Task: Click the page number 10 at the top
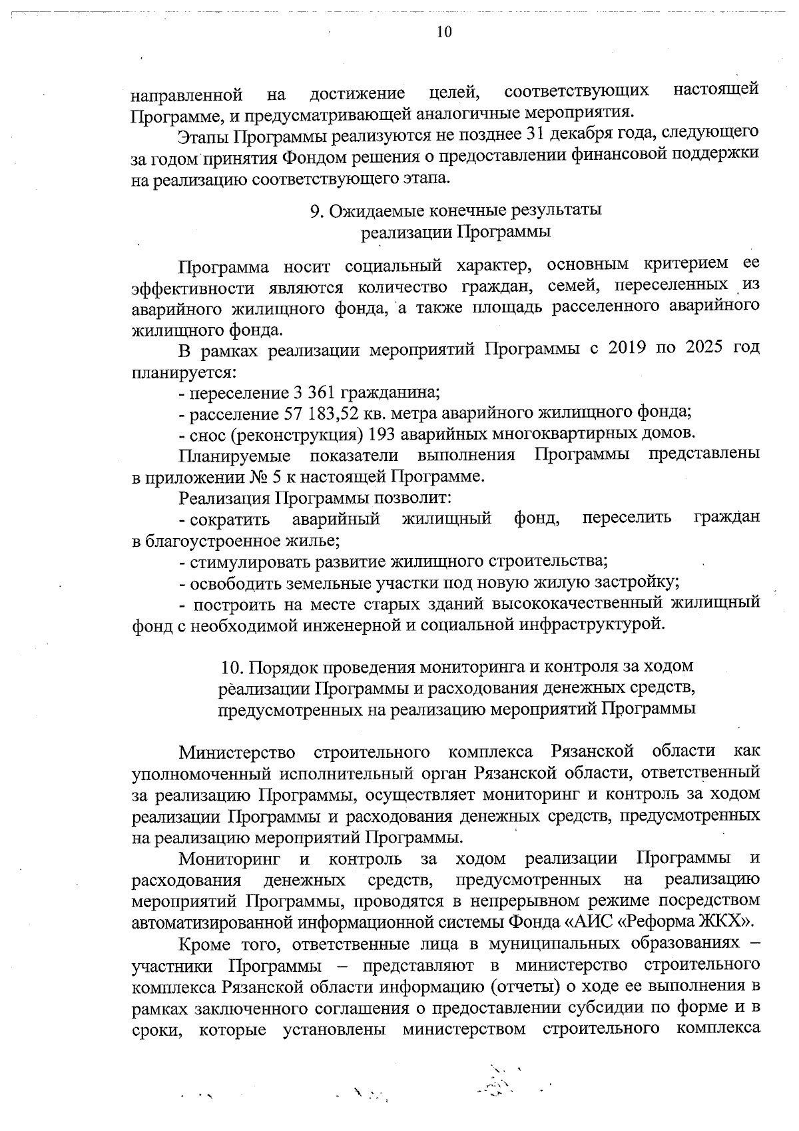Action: pyautogui.click(x=444, y=31)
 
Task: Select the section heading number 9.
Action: pyautogui.click(x=316, y=210)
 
